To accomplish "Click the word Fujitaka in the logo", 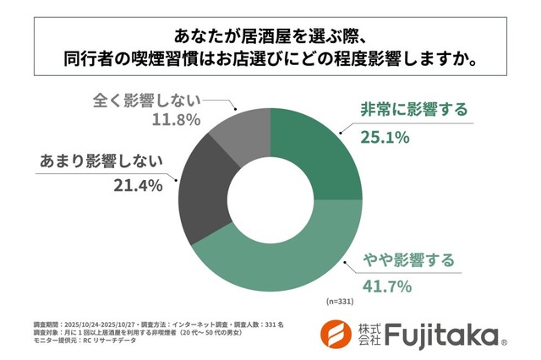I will [x=440, y=335].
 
